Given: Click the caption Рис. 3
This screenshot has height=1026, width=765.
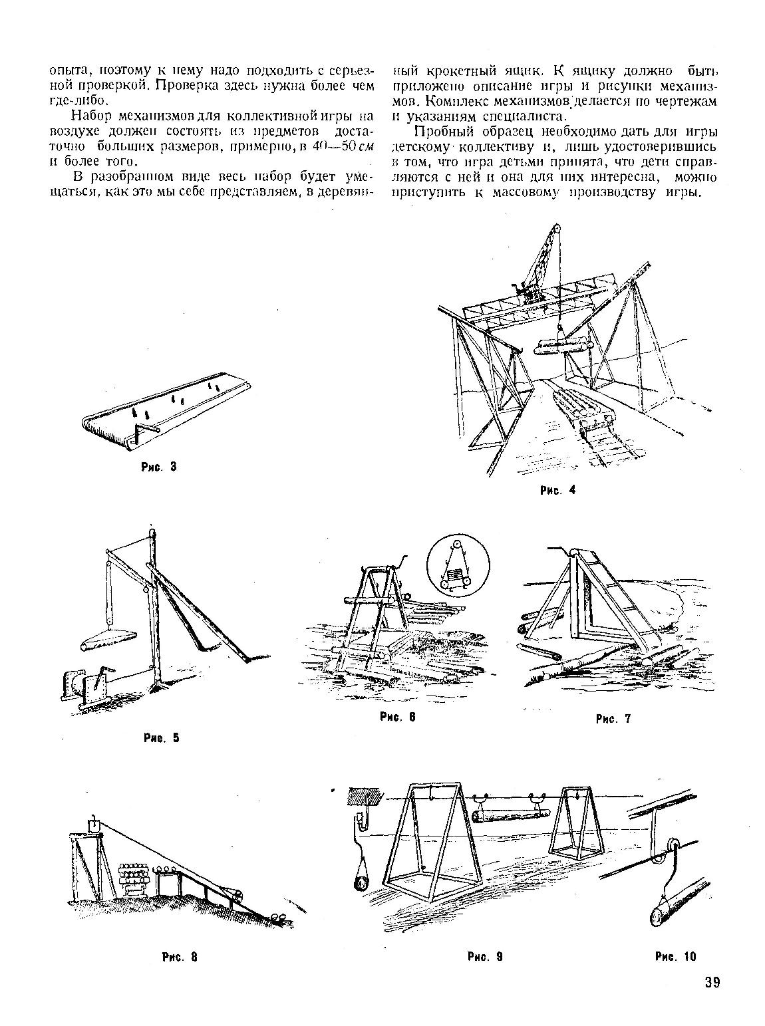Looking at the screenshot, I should click(158, 467).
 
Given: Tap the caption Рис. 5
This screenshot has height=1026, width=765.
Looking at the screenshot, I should click(162, 737).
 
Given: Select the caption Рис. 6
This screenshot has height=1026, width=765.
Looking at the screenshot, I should click(397, 717).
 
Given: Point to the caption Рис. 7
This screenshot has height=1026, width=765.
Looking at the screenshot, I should click(613, 718).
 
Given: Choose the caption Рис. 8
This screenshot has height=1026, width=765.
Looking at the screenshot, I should click(180, 958).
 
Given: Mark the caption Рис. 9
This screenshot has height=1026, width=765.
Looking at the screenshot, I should click(484, 957).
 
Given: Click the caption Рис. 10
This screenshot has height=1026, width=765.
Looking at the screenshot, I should click(675, 957).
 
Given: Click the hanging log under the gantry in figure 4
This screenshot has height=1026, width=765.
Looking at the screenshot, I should click(563, 346).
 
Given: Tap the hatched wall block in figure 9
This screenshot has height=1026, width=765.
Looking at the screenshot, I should click(365, 795).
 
